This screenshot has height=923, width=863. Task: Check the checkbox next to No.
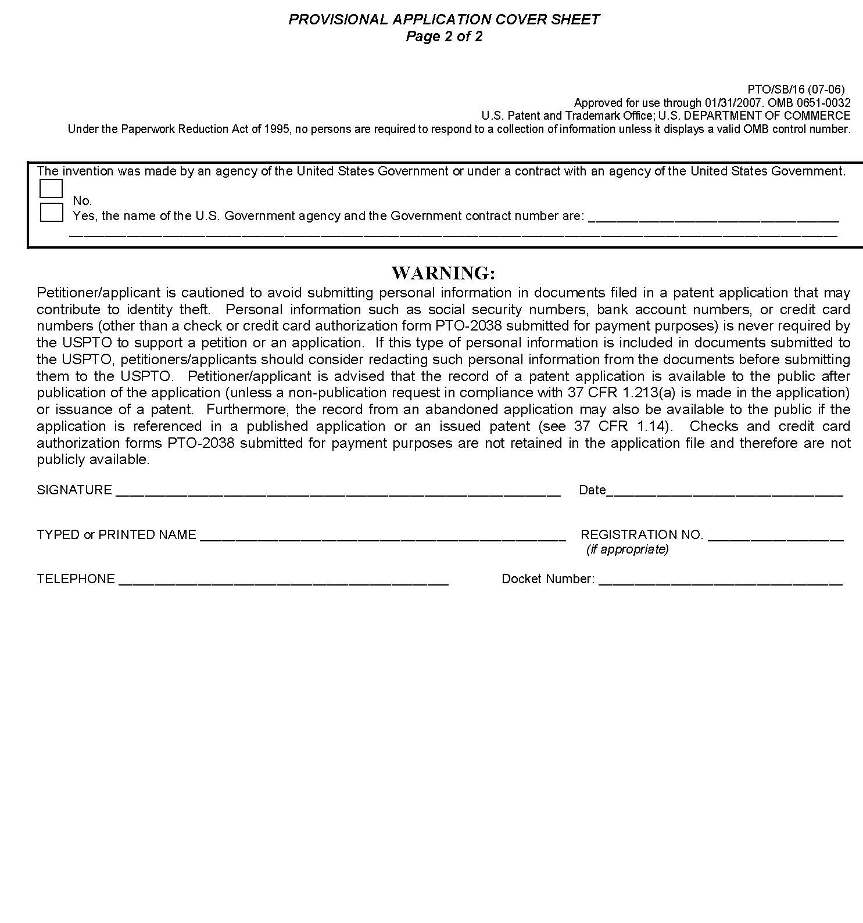point(51,189)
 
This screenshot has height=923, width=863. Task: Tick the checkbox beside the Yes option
point(51,212)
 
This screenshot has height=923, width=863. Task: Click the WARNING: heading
point(443,272)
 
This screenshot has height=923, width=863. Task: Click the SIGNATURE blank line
point(338,491)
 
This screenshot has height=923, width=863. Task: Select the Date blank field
point(724,491)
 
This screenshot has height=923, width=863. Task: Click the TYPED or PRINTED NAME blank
point(382,536)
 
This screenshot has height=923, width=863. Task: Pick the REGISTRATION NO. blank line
point(775,536)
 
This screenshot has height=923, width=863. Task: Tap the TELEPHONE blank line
point(284,580)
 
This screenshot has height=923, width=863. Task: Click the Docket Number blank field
point(720,580)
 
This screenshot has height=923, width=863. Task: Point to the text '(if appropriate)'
point(627,550)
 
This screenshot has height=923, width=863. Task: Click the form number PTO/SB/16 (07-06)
point(796,90)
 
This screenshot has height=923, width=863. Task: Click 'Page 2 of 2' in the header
point(444,37)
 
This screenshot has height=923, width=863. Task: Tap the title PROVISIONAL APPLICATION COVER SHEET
point(444,19)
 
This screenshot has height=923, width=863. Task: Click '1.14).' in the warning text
point(653,426)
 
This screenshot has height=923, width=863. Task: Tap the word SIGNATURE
point(74,490)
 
